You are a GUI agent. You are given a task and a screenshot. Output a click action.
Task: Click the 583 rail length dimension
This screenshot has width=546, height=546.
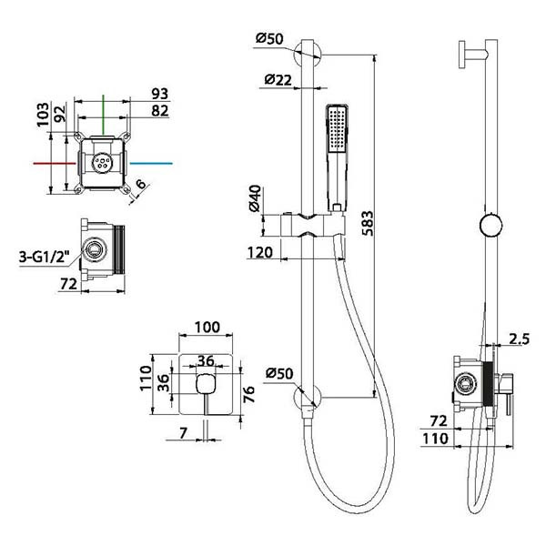coord(368,223)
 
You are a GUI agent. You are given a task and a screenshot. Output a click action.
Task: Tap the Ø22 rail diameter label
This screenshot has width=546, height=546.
coord(278,80)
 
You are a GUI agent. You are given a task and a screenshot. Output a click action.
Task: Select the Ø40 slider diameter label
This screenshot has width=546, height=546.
coord(255,198)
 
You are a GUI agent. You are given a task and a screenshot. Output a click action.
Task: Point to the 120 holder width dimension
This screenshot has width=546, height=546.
coord(259,252)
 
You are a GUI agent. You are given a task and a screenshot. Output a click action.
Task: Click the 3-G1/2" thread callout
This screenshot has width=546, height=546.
coord(45,257)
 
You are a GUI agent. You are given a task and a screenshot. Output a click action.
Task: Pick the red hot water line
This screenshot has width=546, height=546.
coord(55,163)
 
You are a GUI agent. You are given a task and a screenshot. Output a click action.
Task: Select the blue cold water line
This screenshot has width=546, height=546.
coord(151,163)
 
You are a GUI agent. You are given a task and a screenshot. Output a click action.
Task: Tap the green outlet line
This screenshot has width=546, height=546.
coord(104,115)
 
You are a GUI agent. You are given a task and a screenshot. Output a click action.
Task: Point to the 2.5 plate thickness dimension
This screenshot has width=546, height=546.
coord(519,339)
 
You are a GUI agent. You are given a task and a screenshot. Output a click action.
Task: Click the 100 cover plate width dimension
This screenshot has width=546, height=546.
coord(207,328)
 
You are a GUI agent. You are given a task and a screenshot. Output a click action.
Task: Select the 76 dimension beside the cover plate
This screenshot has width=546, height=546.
coord(249,395)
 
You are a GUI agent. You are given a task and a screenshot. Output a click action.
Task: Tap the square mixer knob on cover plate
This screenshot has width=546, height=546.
coord(207,384)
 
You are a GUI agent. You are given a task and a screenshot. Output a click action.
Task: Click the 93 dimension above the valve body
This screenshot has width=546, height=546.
coord(160,94)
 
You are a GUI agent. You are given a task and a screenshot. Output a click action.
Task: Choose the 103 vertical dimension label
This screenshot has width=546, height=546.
coord(43,115)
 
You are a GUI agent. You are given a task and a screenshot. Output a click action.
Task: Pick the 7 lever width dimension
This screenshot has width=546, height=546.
coord(183,433)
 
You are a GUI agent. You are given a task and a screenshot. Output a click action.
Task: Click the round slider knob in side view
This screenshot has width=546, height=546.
coord(491,226)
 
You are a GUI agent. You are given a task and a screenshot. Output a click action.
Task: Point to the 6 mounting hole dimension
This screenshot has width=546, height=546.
coord(141,184)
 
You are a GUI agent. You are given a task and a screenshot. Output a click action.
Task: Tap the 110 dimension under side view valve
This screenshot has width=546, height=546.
coord(435,439)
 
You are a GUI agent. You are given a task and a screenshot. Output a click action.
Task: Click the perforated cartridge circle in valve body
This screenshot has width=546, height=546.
coord(102,163)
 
